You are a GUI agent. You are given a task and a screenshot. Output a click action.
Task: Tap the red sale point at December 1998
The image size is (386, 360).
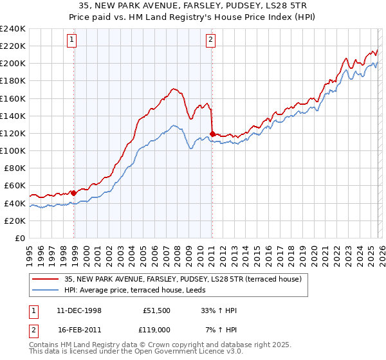click(x=74, y=192)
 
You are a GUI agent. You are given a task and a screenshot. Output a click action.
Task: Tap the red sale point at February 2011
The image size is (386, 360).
click(x=212, y=134)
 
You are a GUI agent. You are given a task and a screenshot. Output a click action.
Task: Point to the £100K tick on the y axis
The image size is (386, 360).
click(x=13, y=150)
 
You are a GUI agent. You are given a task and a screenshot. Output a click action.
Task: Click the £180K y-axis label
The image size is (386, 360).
click(x=13, y=80)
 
